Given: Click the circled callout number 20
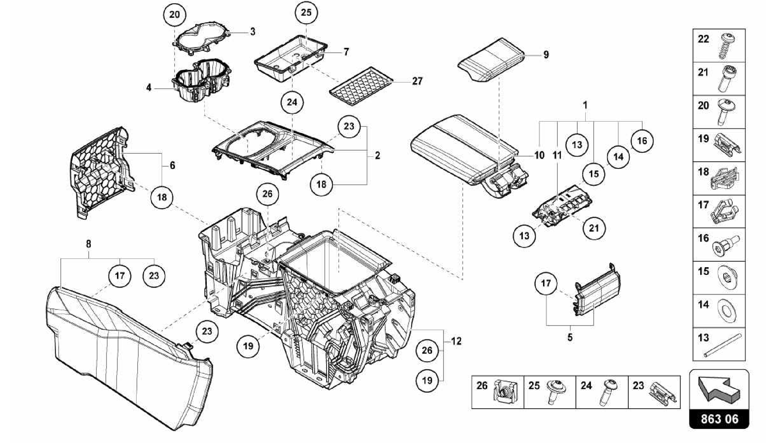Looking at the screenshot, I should point(174,15).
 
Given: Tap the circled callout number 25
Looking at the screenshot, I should point(306,13).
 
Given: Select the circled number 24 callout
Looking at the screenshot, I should point(292,102).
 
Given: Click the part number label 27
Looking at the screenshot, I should point(417,81).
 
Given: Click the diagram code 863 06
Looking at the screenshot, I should point(719,419).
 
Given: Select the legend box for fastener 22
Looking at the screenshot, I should point(719,46).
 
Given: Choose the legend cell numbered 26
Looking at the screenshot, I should point(497,392).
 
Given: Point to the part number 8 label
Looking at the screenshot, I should point(88,244).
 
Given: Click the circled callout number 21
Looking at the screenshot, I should point(594,228).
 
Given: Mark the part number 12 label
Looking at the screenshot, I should point(457,341).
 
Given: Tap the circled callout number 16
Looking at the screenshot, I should point(642,141).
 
